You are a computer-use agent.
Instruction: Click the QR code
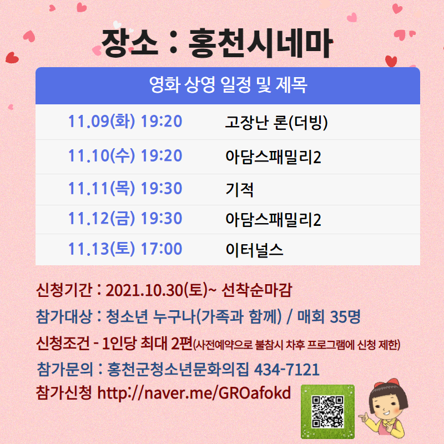point(327,412)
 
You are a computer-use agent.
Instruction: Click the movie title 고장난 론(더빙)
point(276,122)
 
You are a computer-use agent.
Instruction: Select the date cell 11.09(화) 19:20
point(125,121)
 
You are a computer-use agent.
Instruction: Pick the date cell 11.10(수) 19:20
point(125,156)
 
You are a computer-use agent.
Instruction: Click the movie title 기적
point(239,190)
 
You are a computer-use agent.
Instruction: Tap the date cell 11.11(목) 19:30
point(125,188)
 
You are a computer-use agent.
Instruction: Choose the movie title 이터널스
point(254,250)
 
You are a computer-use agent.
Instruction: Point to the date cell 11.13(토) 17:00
point(125,249)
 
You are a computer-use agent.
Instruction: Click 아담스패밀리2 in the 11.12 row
point(273,220)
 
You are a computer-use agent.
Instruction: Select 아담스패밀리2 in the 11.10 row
point(273,157)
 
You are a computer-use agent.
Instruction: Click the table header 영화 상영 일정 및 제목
point(228,85)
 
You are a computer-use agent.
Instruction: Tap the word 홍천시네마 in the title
point(260,43)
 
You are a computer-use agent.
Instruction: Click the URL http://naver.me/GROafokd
point(194,393)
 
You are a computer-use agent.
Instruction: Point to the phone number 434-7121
point(287,369)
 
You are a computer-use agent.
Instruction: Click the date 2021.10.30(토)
point(157,290)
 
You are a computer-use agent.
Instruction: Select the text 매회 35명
point(329,316)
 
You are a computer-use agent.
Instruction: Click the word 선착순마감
point(256,290)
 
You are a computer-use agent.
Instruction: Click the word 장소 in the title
point(129,43)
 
